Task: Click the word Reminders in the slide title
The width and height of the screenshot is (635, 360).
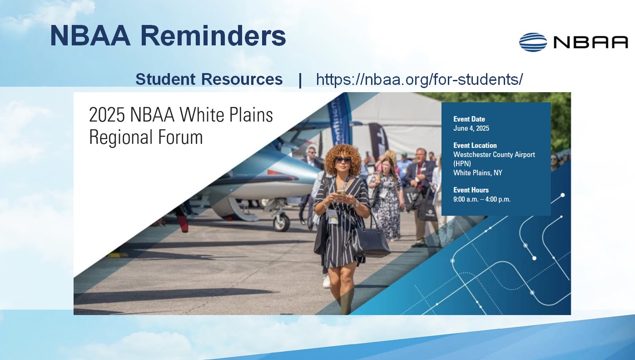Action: click(213, 36)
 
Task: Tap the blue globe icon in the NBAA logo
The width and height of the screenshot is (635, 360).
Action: click(533, 42)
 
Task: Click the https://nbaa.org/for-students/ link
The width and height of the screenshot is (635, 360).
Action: click(419, 79)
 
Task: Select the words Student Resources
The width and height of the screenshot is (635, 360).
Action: click(209, 79)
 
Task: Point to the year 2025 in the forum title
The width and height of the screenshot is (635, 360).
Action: click(107, 115)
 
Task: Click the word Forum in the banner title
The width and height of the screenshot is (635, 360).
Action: click(180, 137)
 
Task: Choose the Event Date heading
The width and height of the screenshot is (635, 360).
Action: click(469, 119)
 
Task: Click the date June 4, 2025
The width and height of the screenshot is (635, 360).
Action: click(471, 128)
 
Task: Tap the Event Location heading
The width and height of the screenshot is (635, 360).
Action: click(475, 145)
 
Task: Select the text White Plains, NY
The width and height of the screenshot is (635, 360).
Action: click(478, 173)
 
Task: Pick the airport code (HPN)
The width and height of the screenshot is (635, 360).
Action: click(462, 163)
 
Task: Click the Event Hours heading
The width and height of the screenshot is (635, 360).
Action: click(471, 190)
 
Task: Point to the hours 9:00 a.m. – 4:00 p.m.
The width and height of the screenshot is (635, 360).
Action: click(481, 199)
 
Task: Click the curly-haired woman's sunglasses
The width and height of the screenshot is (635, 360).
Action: click(343, 159)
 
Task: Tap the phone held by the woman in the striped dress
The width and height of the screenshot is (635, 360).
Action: click(341, 193)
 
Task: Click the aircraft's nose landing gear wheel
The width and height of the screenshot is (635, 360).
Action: click(281, 222)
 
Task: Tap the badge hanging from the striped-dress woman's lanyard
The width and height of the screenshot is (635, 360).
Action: click(332, 217)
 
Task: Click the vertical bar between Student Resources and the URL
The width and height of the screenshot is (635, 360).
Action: click(300, 79)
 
